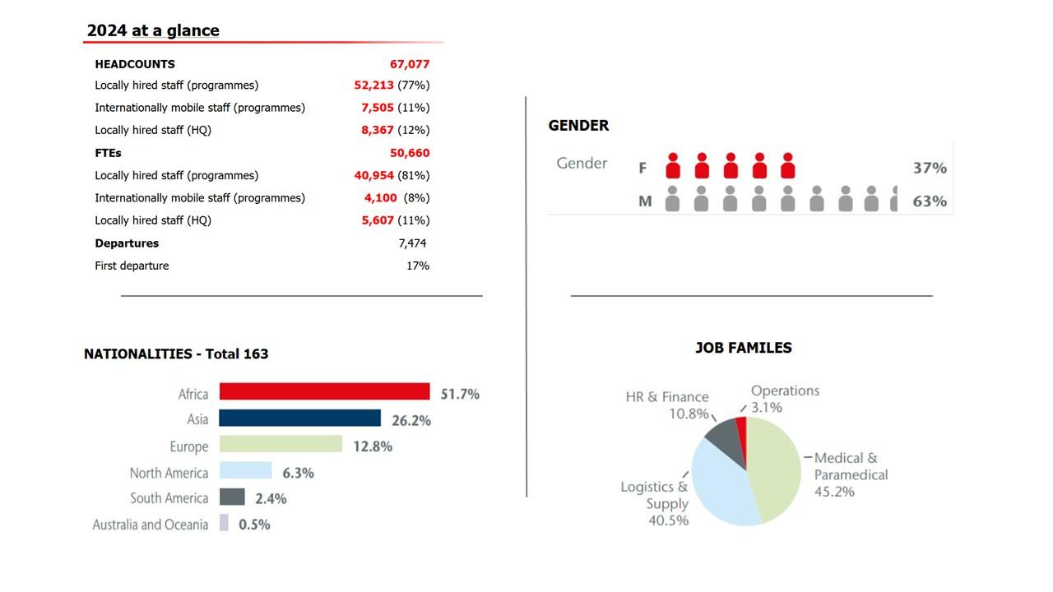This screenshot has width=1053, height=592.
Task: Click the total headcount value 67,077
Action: (x=410, y=64)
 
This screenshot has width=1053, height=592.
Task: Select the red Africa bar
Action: (x=324, y=391)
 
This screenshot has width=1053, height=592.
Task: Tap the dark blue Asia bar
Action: (x=299, y=419)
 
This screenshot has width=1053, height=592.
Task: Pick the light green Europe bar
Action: (x=281, y=444)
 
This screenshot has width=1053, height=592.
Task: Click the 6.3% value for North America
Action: (x=298, y=473)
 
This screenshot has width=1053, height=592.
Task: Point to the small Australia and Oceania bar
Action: (x=224, y=523)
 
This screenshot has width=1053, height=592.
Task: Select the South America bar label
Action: (x=169, y=498)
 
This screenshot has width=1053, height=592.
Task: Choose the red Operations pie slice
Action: (x=742, y=434)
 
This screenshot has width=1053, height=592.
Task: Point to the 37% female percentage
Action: (x=930, y=168)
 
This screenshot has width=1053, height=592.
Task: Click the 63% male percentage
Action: (x=930, y=201)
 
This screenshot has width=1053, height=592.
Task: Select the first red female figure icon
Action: (x=673, y=166)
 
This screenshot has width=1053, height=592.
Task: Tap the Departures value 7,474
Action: (x=412, y=243)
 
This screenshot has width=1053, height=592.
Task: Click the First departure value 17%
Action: (x=418, y=266)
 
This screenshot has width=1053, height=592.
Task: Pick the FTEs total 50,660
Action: (x=410, y=153)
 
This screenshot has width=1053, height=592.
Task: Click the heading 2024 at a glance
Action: (x=153, y=31)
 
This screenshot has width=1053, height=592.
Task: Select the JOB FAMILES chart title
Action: (x=744, y=348)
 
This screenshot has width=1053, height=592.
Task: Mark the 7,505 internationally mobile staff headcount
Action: (x=378, y=108)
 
